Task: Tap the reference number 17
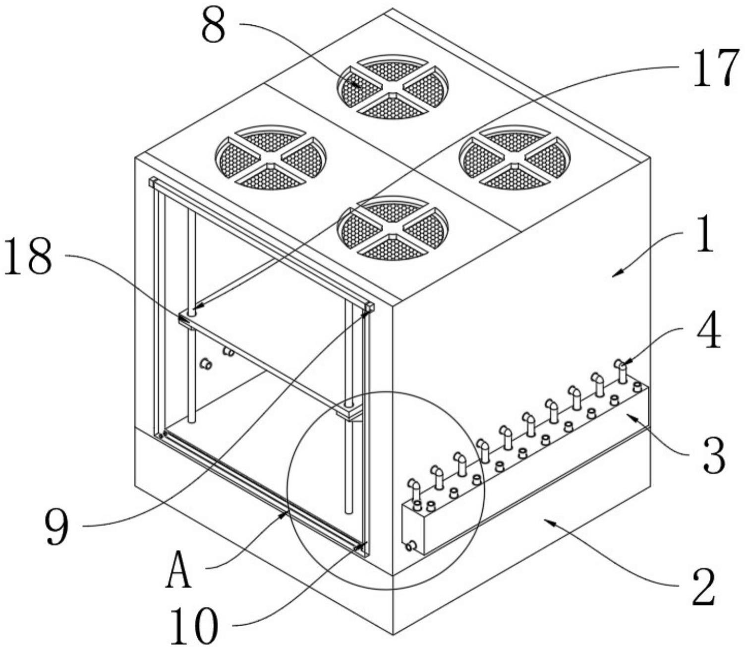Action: click(716, 68)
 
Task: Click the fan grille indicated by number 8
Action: click(392, 87)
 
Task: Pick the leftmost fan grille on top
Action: click(270, 158)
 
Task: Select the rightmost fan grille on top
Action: click(515, 158)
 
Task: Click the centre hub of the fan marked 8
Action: click(392, 88)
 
